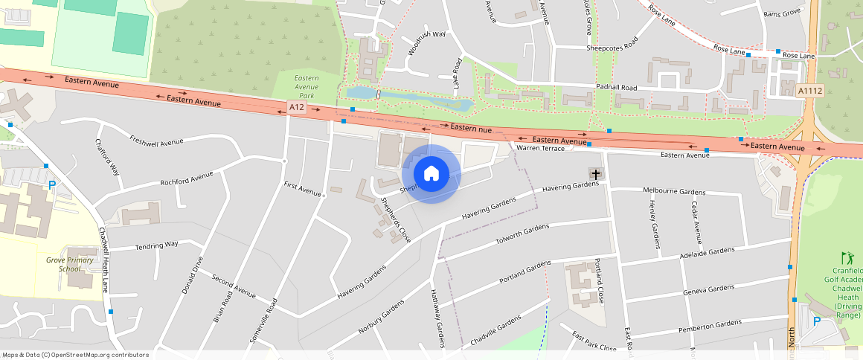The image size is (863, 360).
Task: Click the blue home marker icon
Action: pos(431,174)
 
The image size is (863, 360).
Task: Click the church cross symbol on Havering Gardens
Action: pos(595,174)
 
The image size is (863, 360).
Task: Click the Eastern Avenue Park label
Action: pos(306,87)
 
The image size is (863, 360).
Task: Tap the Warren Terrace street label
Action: pos(541,149)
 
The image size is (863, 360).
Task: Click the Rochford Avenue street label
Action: pos(187,179)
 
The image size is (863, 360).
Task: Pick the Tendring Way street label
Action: pos(156,244)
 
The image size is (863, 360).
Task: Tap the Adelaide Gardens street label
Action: pos(708,251)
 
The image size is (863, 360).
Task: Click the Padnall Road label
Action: pos(617,87)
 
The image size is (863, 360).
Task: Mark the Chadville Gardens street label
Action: pos(496,332)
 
